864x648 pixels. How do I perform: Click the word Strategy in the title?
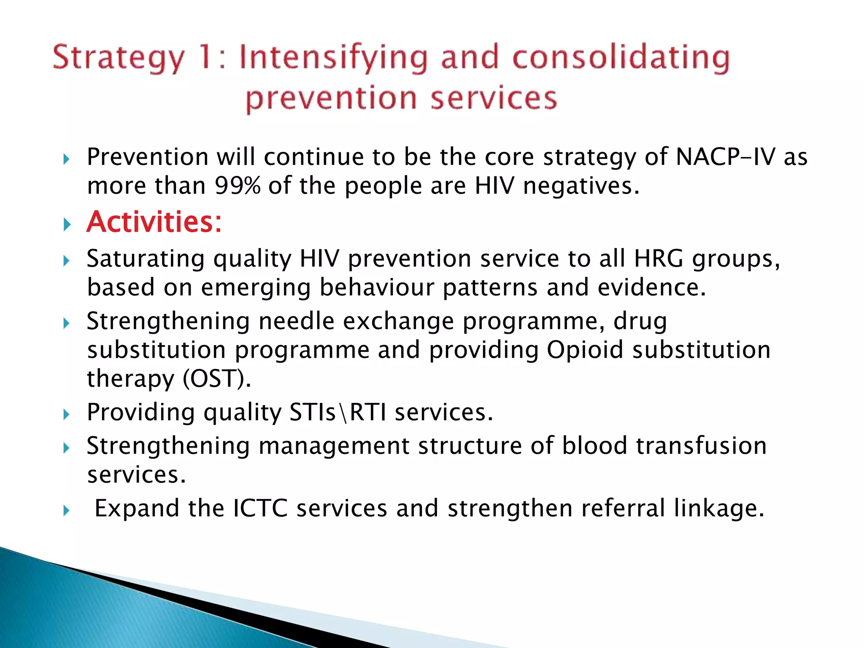click(119, 58)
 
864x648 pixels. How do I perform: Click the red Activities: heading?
click(154, 222)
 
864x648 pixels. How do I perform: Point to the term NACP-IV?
click(725, 157)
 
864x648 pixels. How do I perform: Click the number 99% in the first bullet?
click(238, 186)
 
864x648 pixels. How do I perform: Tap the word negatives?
click(578, 186)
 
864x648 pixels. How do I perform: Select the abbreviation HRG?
click(658, 258)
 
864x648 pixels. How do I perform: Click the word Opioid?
click(585, 350)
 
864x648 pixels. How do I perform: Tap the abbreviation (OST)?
click(217, 379)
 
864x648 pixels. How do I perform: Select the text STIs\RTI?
click(337, 412)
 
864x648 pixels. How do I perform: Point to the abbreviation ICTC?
click(260, 508)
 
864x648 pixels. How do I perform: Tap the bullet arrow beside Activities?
click(66, 224)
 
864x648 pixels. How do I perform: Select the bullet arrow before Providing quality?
click(66, 414)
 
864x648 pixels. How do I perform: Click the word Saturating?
click(145, 258)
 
